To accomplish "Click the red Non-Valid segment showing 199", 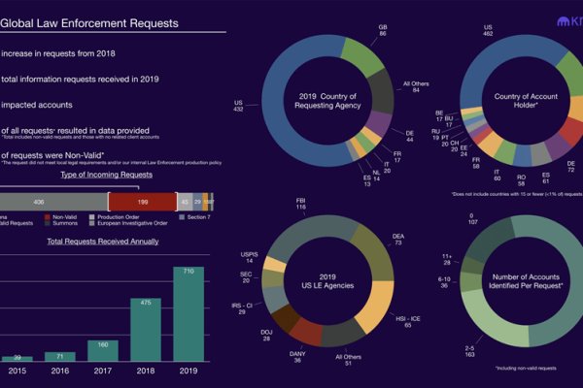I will [143, 201].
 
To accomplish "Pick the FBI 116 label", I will [301, 205].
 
